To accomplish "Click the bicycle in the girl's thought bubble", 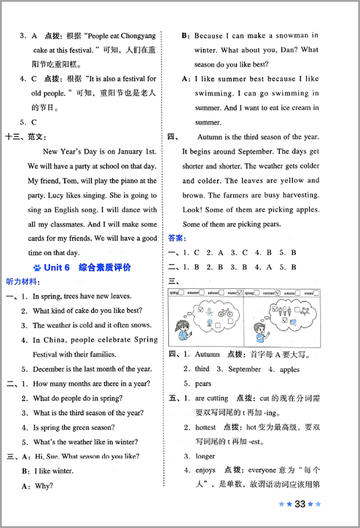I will click(225, 313).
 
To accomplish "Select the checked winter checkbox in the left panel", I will click(239, 293).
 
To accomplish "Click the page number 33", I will click(299, 504).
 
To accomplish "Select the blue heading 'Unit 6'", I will click(57, 268).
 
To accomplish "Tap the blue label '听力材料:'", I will click(21, 282).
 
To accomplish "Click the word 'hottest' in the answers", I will click(206, 427).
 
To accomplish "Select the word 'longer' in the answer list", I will click(205, 456).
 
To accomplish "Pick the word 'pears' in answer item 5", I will click(203, 383).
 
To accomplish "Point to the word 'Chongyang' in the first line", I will click(137, 36).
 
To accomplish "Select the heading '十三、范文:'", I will click(26, 136).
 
